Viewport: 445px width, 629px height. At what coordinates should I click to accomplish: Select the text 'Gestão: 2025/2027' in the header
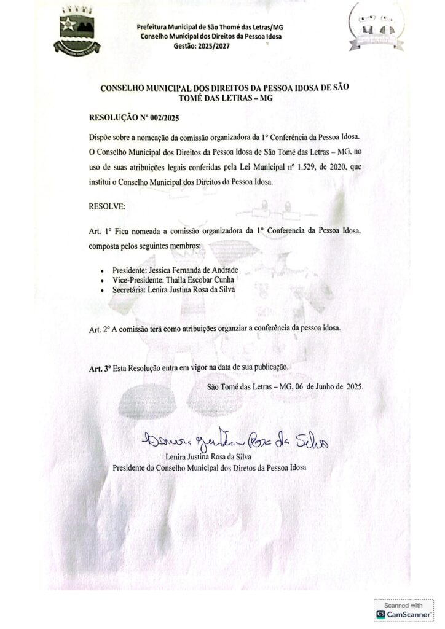coord(202,46)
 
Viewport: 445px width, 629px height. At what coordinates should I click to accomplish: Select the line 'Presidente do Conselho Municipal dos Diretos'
coord(209,467)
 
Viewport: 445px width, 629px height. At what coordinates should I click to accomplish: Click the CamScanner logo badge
coord(403,615)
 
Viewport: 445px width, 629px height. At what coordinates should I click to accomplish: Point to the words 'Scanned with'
coord(403,605)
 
